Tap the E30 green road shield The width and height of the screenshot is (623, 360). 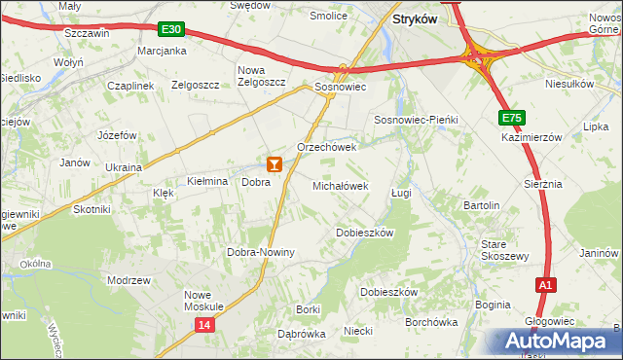point(172,30)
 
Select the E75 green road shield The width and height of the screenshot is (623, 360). point(513,118)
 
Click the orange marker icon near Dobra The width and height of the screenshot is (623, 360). point(275,164)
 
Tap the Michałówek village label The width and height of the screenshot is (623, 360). point(340,185)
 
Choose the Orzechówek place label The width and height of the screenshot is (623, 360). point(327,147)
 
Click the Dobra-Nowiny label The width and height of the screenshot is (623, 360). point(261,252)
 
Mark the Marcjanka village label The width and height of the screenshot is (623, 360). point(162,51)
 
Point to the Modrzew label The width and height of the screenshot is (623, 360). point(129,280)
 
